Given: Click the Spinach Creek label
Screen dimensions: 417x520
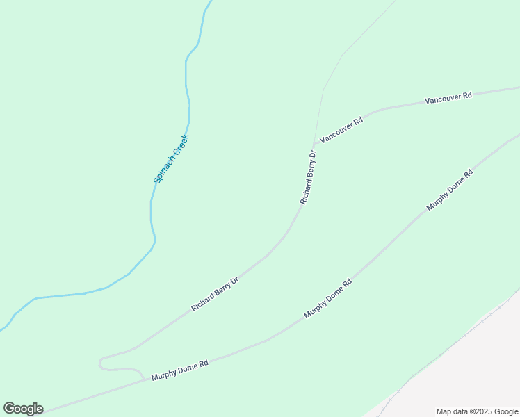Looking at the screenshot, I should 171,159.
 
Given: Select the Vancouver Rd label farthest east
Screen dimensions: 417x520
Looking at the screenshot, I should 448,98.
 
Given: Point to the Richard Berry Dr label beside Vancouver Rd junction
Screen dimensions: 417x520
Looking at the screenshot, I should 308,177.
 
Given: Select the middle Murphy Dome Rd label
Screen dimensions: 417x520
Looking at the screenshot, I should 328,299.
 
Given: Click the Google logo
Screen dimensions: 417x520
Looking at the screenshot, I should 23,409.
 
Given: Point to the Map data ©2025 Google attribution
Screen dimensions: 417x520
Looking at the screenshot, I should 477,411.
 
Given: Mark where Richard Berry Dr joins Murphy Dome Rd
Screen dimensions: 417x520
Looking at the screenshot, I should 146,379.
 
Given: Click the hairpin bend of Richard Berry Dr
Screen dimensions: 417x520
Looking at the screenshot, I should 101,362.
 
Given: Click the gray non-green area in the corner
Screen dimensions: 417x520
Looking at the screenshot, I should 466,375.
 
